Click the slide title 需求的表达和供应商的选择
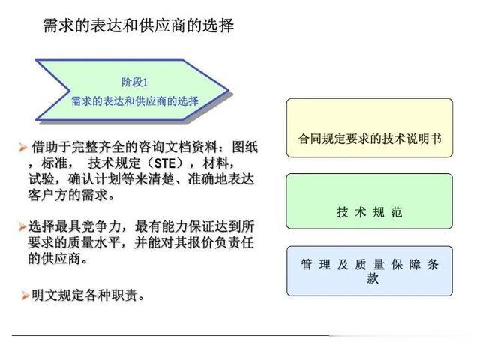click(139, 25)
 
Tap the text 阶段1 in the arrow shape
click(134, 82)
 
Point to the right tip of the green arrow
click(229, 90)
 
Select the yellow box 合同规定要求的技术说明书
click(370, 127)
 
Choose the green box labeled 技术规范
click(369, 201)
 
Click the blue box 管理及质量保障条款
click(370, 271)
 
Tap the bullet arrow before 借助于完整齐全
click(22, 147)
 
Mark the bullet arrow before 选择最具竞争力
click(22, 226)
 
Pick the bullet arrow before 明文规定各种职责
click(25, 295)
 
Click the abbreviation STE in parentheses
click(165, 163)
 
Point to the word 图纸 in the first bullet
click(245, 147)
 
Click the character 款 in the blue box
click(373, 278)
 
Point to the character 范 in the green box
click(397, 211)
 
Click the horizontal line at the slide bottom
click(172, 335)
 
